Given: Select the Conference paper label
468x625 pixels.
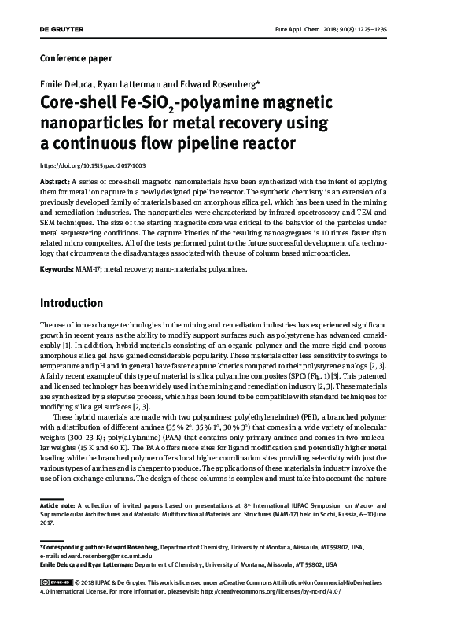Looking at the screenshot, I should (x=76, y=58).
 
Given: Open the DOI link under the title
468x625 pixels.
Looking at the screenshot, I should (x=93, y=166).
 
